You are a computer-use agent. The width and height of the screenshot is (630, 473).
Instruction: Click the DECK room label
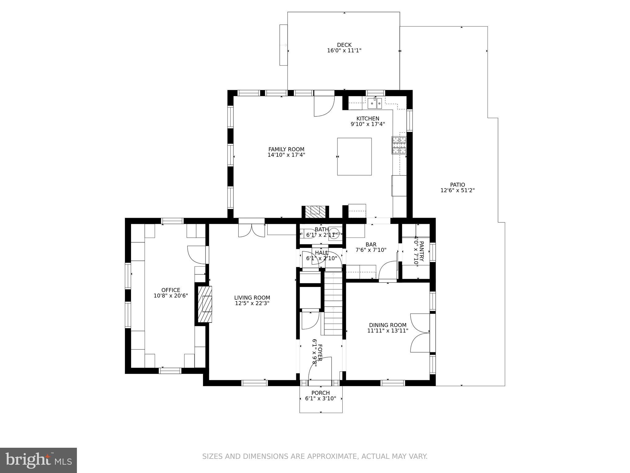pos(344,45)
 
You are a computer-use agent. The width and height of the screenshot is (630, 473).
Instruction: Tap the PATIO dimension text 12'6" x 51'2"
pos(457,191)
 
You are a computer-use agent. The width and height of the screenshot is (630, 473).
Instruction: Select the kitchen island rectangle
pos(354,156)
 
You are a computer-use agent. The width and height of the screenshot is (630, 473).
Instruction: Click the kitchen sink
pos(375,103)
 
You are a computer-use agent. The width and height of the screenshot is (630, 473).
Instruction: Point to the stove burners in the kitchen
pos(399,145)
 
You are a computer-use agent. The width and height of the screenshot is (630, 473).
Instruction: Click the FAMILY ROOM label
pos(286,149)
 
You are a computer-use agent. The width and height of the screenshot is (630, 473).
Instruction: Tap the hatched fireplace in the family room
pos(315,211)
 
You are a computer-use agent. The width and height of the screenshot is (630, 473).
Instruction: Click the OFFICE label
pos(171,290)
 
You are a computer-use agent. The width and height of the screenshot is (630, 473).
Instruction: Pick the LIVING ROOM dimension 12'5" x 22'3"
pos(252,303)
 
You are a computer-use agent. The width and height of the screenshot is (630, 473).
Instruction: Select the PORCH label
pos(321,393)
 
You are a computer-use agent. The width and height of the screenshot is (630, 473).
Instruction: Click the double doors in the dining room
pos(420,333)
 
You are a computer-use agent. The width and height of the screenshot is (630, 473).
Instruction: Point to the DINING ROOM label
pos(388,325)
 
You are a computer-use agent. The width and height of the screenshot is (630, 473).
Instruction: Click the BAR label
pos(371,245)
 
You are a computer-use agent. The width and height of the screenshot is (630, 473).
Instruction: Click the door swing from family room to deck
pos(324,106)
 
